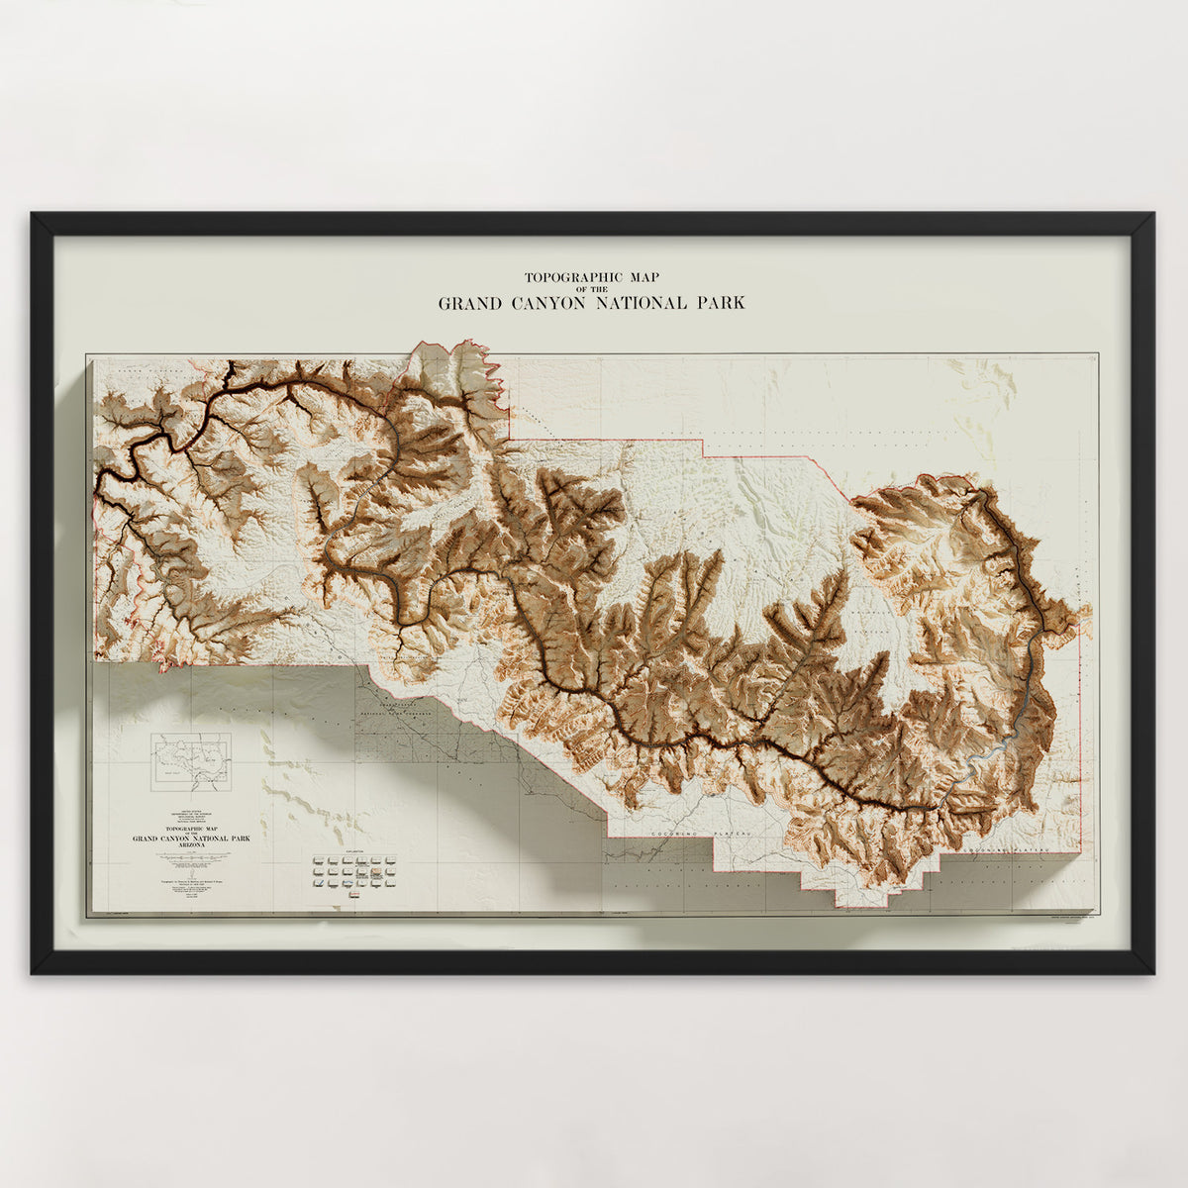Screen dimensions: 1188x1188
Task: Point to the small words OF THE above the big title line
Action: [x=592, y=290]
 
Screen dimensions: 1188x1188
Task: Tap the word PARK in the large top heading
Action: [x=718, y=304]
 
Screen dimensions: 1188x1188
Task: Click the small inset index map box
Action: [x=190, y=761]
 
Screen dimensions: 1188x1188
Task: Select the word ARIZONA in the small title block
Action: [x=191, y=845]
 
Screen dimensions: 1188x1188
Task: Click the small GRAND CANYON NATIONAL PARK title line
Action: [x=191, y=838]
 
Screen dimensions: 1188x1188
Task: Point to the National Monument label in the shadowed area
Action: [x=396, y=714]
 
